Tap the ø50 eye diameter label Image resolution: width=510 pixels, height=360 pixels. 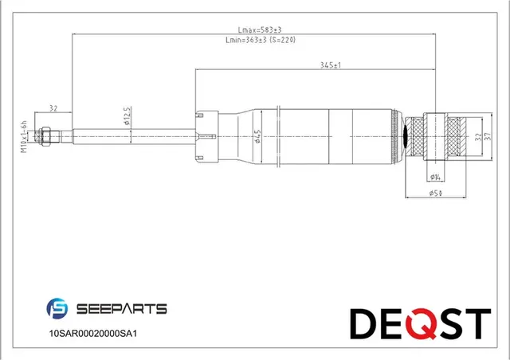point(436,192)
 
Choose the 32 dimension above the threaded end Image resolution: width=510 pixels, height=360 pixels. point(53,108)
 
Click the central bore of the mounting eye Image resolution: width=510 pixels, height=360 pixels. point(435,136)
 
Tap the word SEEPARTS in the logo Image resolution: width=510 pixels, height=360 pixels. point(120,308)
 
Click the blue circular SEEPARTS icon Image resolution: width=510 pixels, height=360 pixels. point(59,308)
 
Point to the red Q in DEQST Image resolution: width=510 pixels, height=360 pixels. point(418,323)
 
